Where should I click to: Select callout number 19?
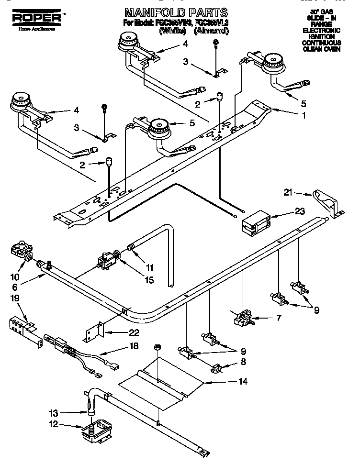point(15,298)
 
